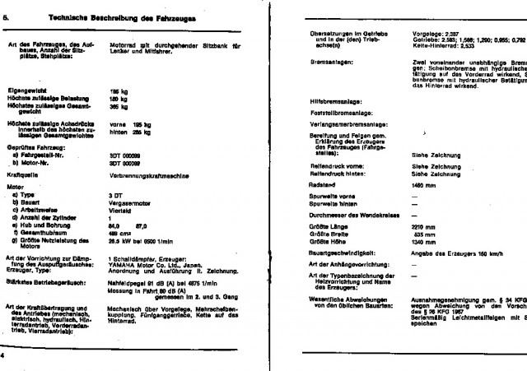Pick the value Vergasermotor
[x=133, y=202]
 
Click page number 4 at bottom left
[x=3, y=356]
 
